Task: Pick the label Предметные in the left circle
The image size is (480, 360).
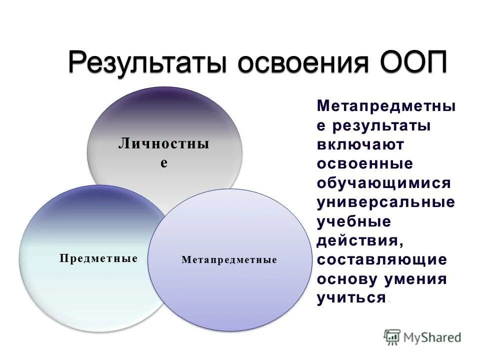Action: pyautogui.click(x=98, y=258)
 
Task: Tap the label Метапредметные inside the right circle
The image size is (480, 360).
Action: pyautogui.click(x=229, y=260)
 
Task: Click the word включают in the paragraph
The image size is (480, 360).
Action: pyautogui.click(x=360, y=144)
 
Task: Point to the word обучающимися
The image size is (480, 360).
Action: pyautogui.click(x=383, y=183)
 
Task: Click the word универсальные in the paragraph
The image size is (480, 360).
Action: pyautogui.click(x=385, y=202)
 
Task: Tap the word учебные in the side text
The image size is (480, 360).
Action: pyautogui.click(x=353, y=221)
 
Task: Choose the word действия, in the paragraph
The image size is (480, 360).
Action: pyautogui.click(x=359, y=241)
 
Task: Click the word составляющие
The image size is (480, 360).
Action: pyautogui.click(x=381, y=260)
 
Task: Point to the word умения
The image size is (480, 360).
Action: pyautogui.click(x=414, y=279)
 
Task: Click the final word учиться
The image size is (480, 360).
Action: pyautogui.click(x=351, y=298)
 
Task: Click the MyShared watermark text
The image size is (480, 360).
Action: pyautogui.click(x=432, y=337)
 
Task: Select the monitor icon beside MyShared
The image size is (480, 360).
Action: pyautogui.click(x=392, y=337)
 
